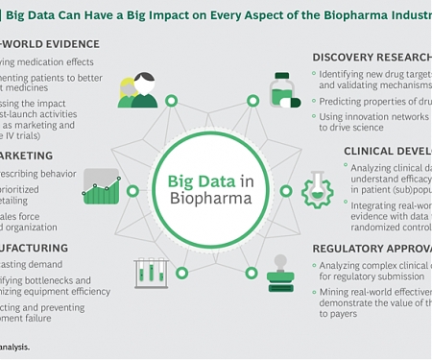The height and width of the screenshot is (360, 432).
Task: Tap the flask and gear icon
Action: click(x=318, y=186)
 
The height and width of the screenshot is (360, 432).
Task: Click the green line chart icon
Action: click(x=102, y=185)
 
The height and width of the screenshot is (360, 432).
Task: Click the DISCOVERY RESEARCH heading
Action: click(x=370, y=56)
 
